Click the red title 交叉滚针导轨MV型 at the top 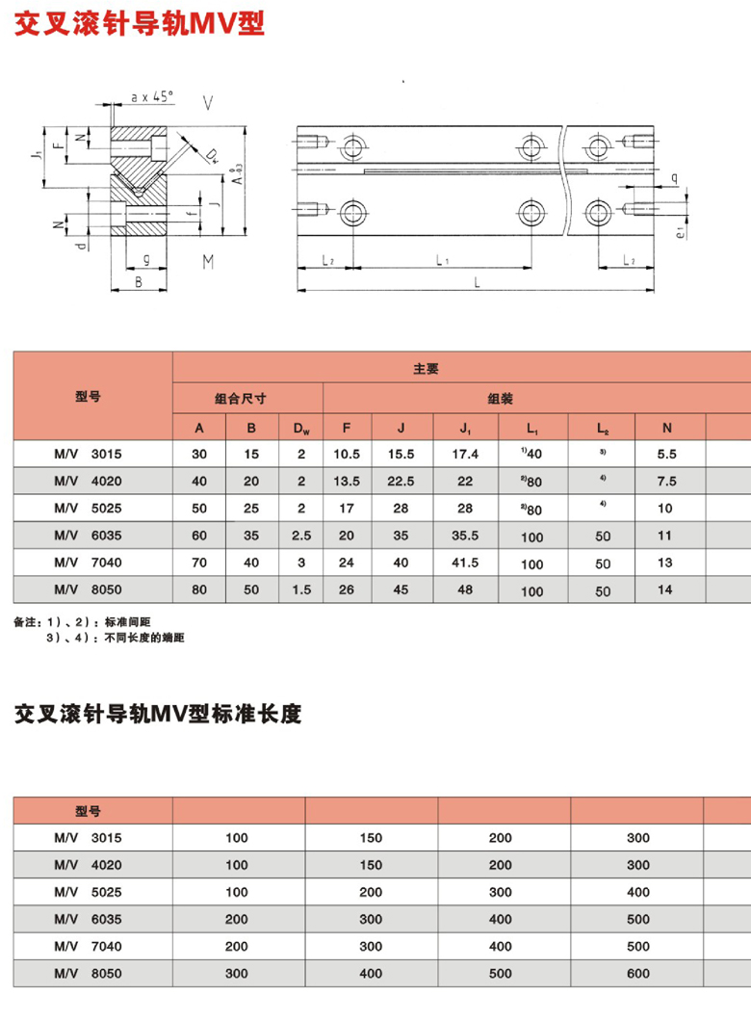(x=138, y=22)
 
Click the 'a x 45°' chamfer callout (x=150, y=96)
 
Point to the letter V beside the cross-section (x=208, y=101)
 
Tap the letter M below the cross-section (x=208, y=261)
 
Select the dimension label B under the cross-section (x=139, y=282)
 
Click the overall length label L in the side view (x=479, y=280)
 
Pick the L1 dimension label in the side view (x=439, y=260)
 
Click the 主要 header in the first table (x=427, y=368)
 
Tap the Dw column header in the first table (x=300, y=427)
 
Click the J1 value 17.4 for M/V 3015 (x=464, y=453)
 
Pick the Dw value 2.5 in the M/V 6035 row (x=300, y=537)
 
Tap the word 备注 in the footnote (x=24, y=622)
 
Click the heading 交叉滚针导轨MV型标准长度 (x=158, y=715)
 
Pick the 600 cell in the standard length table (x=638, y=975)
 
